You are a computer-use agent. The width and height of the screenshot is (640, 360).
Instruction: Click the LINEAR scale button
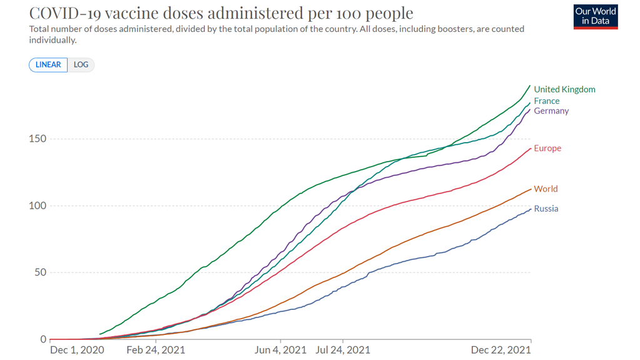coord(48,64)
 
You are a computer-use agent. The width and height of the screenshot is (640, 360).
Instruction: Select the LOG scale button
coord(81,64)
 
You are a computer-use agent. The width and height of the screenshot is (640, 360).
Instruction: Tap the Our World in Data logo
coord(596,17)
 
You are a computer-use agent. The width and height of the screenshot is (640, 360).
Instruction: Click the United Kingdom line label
coord(564,90)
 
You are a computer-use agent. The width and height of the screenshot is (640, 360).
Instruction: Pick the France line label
coord(547,101)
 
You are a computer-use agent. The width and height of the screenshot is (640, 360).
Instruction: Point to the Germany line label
coord(551,111)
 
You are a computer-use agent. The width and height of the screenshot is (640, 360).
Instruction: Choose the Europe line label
coord(547,148)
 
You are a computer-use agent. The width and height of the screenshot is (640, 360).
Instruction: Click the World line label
coord(546,189)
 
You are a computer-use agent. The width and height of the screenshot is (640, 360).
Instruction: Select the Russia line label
coord(546,208)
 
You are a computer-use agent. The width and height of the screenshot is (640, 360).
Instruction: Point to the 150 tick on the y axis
coord(37,138)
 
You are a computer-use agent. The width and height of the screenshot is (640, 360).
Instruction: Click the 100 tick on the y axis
coord(37,205)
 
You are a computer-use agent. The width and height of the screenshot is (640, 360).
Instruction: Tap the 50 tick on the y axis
coord(39,272)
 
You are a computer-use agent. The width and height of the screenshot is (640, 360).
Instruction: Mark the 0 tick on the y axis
coord(43,339)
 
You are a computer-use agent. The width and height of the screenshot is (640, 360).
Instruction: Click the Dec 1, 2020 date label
coord(77,350)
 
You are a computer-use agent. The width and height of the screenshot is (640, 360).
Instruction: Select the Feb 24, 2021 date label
coord(156,350)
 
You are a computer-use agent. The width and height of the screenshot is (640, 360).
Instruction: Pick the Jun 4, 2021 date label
coord(281,350)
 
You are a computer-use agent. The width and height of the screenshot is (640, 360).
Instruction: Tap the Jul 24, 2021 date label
coord(343,350)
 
